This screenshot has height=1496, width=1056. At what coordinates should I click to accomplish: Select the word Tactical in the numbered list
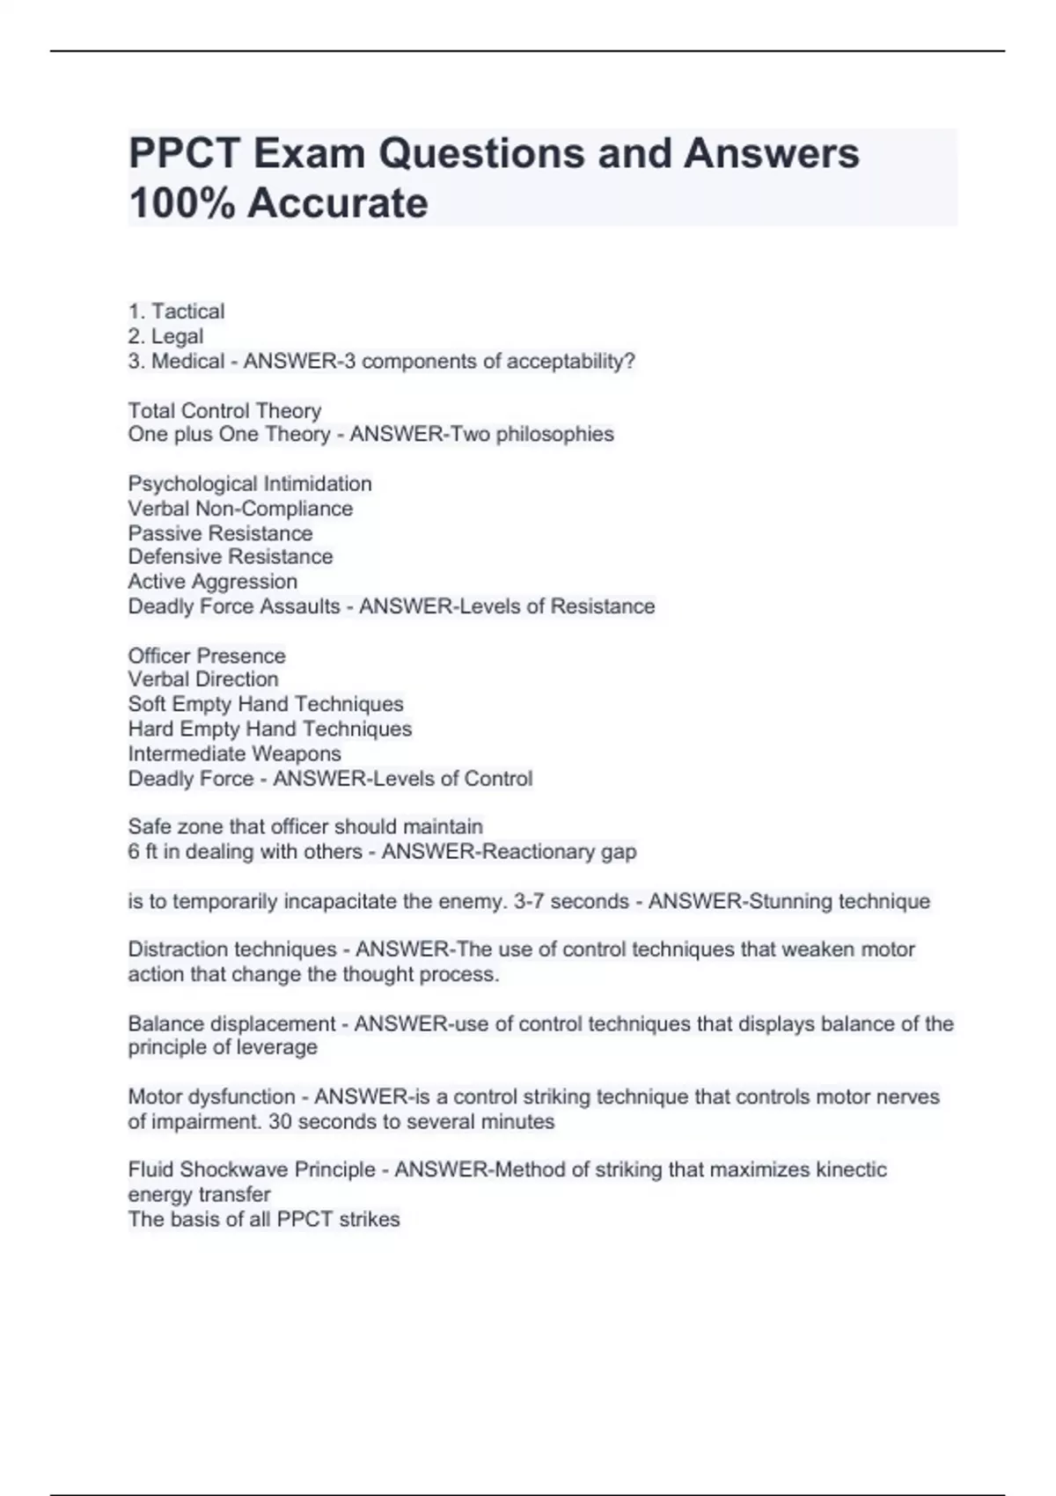(x=187, y=312)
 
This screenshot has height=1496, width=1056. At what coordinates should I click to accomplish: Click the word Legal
(x=177, y=336)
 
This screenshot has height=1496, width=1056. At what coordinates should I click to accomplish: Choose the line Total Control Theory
(x=224, y=410)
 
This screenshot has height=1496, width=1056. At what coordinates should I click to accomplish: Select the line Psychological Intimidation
(x=250, y=483)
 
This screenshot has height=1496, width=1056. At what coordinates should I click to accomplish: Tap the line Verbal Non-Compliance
(x=240, y=509)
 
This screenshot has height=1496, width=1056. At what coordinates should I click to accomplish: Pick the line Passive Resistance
(x=220, y=533)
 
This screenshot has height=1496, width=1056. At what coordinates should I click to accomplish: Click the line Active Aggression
(x=212, y=582)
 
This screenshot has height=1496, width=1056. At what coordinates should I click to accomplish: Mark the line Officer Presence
(x=207, y=656)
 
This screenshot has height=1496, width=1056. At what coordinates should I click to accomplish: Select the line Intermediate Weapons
(x=234, y=753)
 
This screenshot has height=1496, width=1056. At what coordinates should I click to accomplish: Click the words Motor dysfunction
(x=211, y=1096)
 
